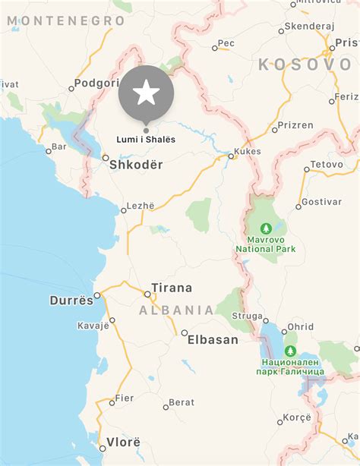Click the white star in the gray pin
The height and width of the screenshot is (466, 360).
click(147, 93)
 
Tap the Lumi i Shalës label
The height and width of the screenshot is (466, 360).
click(147, 138)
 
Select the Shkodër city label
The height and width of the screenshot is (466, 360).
click(136, 163)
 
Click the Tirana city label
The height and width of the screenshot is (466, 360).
click(172, 288)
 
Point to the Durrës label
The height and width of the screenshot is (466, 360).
click(71, 300)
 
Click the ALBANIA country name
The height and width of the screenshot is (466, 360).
click(176, 310)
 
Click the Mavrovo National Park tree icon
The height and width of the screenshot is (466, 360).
click(266, 228)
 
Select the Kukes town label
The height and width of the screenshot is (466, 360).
click(248, 151)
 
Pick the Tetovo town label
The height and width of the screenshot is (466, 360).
click(327, 164)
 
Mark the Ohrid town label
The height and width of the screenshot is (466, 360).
click(299, 326)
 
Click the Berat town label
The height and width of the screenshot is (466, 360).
click(182, 402)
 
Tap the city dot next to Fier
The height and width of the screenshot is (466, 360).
click(112, 399)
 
